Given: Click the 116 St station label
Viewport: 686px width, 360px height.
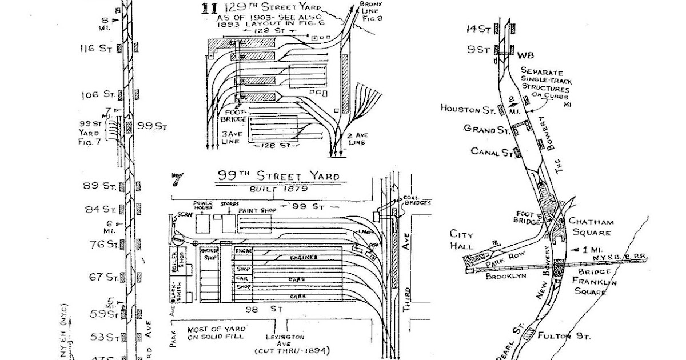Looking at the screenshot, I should point(95,49).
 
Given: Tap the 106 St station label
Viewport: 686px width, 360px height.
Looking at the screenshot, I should point(95,94).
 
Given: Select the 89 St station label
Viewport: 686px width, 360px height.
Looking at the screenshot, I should point(101,185).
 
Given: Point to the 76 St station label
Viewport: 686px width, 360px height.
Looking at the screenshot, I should point(102,245).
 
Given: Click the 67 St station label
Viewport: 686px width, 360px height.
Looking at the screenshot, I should point(103,278).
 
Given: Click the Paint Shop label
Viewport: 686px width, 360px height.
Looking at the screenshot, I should point(257,210).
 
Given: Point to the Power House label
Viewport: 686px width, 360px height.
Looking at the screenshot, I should point(203,205).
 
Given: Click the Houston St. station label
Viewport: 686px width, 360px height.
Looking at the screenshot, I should point(467,108).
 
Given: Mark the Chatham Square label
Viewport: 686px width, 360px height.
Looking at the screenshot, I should point(590,227).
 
